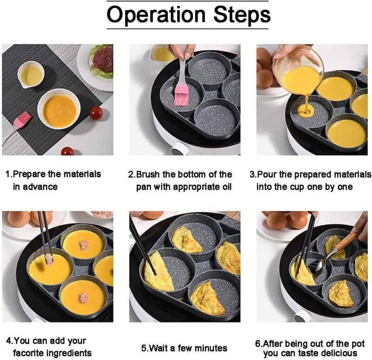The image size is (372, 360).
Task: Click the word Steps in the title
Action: (x=242, y=15)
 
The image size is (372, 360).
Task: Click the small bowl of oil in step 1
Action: (x=31, y=74)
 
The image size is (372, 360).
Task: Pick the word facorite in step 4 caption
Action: (x=30, y=353)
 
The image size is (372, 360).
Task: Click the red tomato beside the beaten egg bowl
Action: (x=96, y=113)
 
